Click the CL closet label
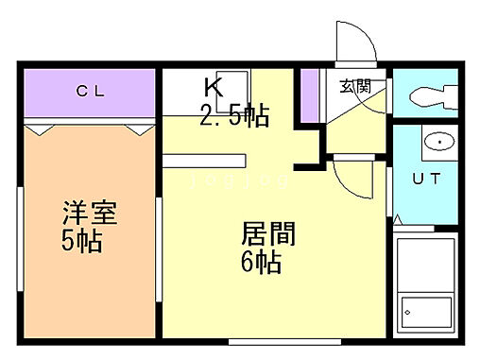click(91, 92)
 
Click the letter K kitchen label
click(214, 89)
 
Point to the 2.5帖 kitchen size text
click(234, 116)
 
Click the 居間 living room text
click(270, 233)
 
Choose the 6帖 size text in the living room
click(260, 262)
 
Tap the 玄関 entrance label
click(355, 86)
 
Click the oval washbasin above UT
click(437, 143)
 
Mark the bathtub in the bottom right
click(425, 284)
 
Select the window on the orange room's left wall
click(20, 231)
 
